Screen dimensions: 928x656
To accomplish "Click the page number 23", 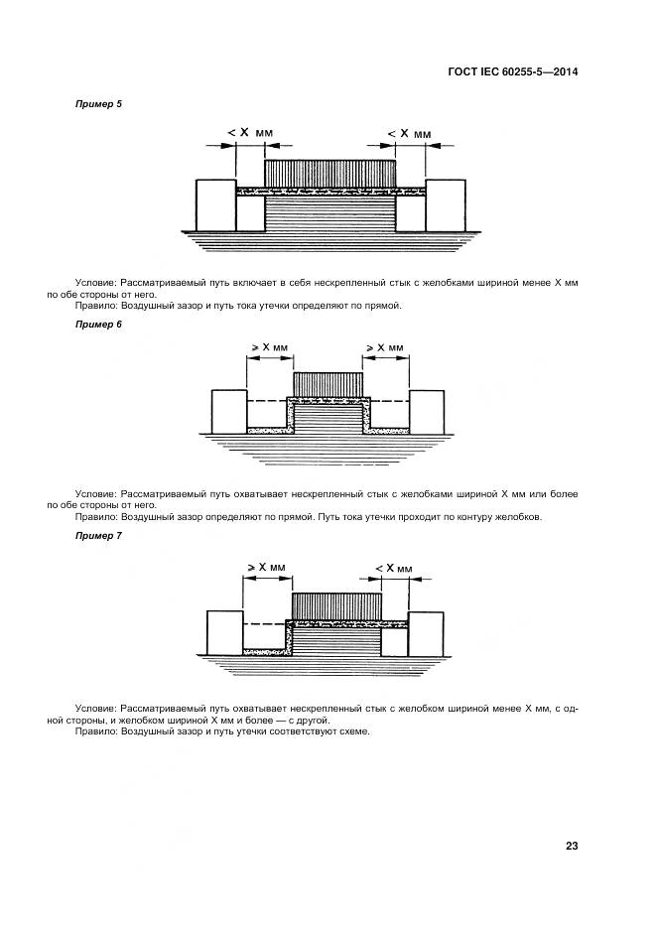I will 572,846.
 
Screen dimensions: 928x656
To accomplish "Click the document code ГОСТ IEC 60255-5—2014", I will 515,71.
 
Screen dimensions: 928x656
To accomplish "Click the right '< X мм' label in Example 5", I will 409,132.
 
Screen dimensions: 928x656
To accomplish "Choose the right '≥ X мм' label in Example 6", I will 385,347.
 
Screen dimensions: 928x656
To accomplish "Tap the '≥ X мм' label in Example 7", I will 265,567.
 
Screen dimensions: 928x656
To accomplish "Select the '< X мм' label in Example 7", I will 394,567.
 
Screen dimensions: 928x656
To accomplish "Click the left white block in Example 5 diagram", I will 214,203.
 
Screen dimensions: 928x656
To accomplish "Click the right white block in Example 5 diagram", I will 446,203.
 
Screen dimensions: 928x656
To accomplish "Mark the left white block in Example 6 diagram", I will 229,411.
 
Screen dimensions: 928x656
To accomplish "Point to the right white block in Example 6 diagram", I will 427,411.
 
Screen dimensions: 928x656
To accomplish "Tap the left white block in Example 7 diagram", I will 224,632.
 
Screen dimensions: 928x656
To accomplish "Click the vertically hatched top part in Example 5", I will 330,172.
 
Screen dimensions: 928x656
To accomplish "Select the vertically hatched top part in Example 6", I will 328,384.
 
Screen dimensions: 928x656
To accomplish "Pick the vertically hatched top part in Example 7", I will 336,603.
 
